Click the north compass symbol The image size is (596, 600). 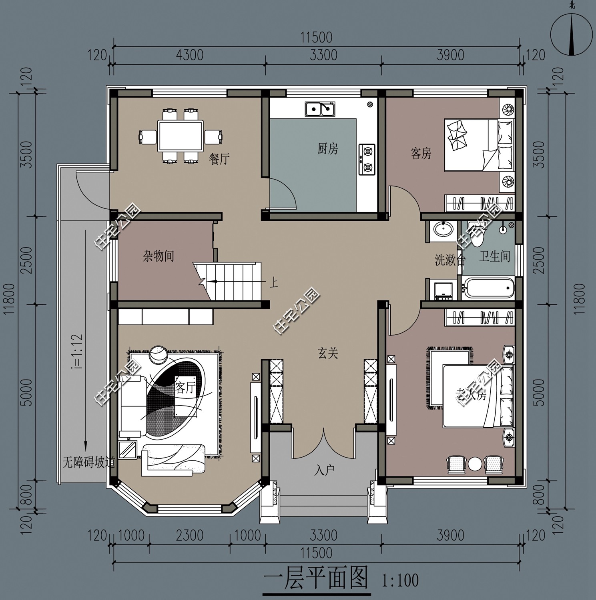pyautogui.click(x=572, y=34)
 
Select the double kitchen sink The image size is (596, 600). pyautogui.click(x=320, y=109)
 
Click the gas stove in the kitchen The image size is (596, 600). pyautogui.click(x=367, y=160)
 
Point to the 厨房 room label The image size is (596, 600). pyautogui.click(x=328, y=149)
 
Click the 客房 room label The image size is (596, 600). pyautogui.click(x=421, y=153)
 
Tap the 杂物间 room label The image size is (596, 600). pyautogui.click(x=159, y=256)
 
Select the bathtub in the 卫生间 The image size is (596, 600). pyautogui.click(x=487, y=288)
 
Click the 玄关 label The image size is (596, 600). pyautogui.click(x=328, y=353)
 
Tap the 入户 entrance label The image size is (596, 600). pyautogui.click(x=324, y=470)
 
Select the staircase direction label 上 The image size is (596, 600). pyautogui.click(x=274, y=283)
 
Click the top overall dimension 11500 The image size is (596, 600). pyautogui.click(x=316, y=37)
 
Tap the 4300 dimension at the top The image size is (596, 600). pyautogui.click(x=190, y=55)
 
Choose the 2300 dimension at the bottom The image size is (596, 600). pyautogui.click(x=190, y=535)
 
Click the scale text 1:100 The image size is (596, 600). pyautogui.click(x=400, y=580)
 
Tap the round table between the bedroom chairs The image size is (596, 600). pyautogui.click(x=475, y=464)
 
